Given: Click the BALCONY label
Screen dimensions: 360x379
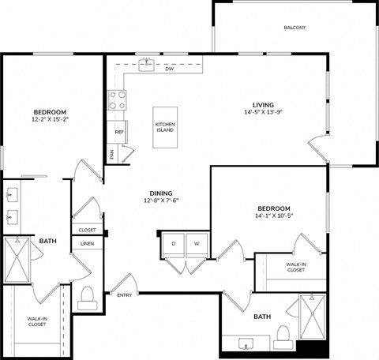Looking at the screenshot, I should coord(295,28).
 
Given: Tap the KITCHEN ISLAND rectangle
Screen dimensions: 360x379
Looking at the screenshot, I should coord(165,126).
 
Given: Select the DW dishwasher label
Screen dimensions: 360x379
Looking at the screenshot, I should coord(169,69).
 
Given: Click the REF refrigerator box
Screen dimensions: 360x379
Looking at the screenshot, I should coord(119,132).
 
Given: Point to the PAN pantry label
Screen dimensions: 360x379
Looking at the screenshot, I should coord(112,155).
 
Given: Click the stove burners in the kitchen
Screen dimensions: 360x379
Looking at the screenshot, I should coord(118,99).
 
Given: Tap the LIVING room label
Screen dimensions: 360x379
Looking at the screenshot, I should coord(263,104).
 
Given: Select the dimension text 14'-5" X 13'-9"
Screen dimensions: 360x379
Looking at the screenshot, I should coord(263,113).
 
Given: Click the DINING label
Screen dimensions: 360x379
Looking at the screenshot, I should coord(161,193).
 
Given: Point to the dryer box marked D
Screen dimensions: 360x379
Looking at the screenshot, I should coord(173,244).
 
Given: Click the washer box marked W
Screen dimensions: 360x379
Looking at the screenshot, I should coord(197,244).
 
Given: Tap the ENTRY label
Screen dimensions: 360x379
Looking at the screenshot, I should coord(125,295).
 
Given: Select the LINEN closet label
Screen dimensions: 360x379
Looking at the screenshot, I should coord(87,244).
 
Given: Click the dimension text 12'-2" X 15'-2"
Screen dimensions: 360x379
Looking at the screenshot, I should coord(49,121).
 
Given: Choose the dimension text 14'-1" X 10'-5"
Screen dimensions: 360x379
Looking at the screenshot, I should coord(274,216).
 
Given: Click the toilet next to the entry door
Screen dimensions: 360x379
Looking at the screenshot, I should coord(88,297).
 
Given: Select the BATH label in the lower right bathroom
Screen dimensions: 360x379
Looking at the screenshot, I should coord(262,317).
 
